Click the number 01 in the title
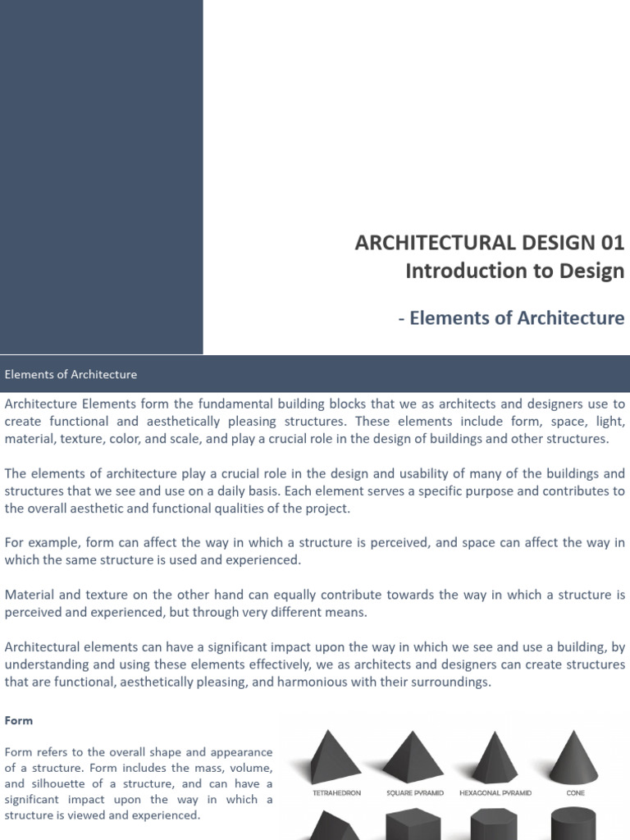(609, 243)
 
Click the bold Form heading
(18, 720)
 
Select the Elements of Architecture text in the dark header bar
(71, 374)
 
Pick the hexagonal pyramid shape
(495, 757)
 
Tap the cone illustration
(574, 757)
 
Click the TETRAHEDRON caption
(337, 793)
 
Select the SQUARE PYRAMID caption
(413, 793)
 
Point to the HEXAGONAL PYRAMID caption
(495, 793)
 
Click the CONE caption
(575, 793)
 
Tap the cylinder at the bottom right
(574, 824)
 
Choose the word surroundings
(452, 682)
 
